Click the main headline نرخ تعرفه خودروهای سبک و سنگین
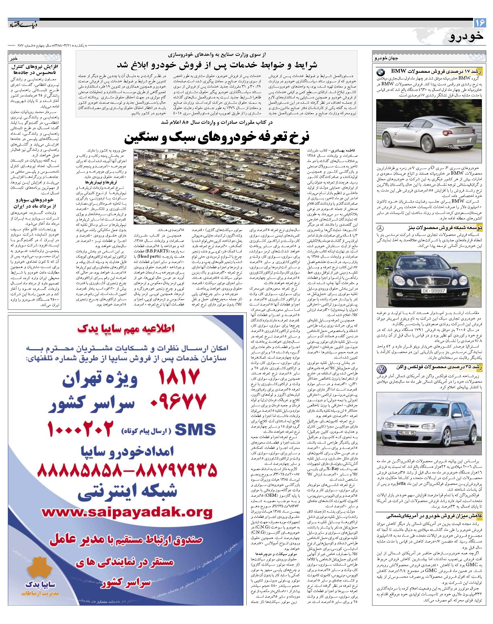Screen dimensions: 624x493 click(x=216, y=138)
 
